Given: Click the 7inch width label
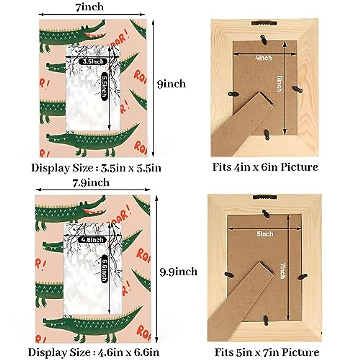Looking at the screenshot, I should [89, 7].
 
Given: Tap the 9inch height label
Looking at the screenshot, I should [171, 84].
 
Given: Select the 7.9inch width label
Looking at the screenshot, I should [91, 182].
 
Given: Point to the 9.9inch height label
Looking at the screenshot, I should [178, 272].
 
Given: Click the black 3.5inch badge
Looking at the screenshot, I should [93, 61].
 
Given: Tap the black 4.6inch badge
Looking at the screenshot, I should [92, 240].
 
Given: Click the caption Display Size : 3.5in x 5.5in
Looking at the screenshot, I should [96, 168].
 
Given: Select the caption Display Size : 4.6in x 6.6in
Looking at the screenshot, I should [94, 352].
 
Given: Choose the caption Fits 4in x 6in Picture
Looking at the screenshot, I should [265, 167].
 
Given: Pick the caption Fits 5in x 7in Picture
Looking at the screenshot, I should [267, 352].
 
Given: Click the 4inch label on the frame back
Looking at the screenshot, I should [263, 58].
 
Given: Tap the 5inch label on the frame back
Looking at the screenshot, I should [265, 234].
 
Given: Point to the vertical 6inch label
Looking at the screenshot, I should [279, 83].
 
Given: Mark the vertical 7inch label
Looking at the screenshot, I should [282, 271].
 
